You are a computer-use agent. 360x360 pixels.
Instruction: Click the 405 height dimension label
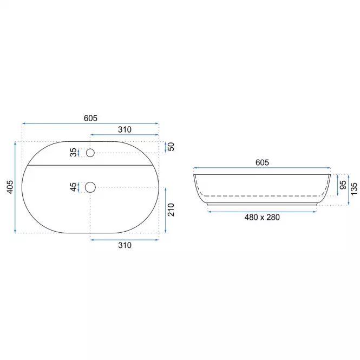[10, 187]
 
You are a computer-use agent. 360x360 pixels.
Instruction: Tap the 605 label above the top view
[90, 118]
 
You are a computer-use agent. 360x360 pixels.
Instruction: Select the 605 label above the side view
[262, 162]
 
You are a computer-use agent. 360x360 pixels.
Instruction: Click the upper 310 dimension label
[125, 130]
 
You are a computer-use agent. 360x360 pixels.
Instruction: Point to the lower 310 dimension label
[125, 245]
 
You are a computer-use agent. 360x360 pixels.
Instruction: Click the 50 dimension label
[171, 147]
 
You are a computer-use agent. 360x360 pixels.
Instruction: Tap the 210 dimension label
[171, 210]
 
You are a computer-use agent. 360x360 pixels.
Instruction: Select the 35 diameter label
[73, 152]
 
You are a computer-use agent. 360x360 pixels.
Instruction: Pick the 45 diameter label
[73, 187]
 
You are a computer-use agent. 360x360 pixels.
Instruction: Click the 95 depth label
[343, 185]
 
